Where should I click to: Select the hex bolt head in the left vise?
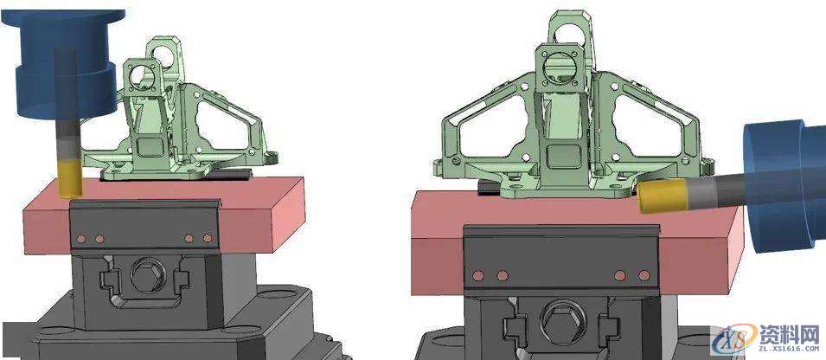click(x=144, y=279)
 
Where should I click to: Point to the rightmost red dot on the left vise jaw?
click(x=207, y=238)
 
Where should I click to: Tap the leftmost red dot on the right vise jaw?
click(x=477, y=275)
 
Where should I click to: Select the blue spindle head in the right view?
click(x=783, y=186)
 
